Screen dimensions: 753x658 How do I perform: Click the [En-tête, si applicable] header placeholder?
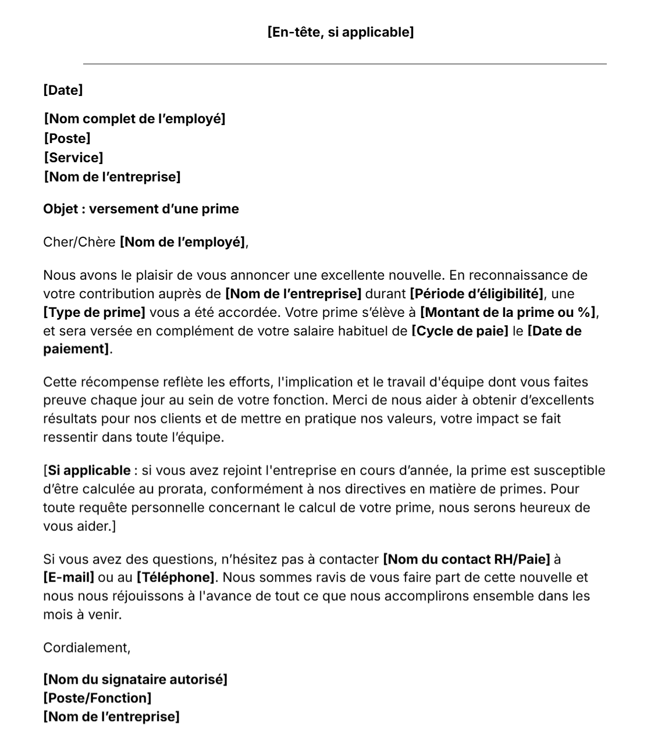click(340, 32)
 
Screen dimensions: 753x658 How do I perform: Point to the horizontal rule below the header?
click(344, 64)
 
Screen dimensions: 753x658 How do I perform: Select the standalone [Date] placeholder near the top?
click(63, 90)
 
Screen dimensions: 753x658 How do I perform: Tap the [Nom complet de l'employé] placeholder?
click(134, 119)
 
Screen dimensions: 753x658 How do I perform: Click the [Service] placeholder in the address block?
click(73, 158)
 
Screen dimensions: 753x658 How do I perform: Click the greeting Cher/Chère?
click(79, 242)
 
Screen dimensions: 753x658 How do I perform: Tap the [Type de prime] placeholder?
click(94, 312)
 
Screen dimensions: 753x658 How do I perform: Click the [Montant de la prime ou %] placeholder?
click(508, 312)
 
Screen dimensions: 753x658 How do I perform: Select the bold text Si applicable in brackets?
click(89, 470)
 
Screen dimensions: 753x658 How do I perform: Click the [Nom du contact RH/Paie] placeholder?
click(466, 559)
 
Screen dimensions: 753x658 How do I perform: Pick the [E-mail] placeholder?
click(69, 578)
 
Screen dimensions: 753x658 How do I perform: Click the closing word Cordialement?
click(86, 648)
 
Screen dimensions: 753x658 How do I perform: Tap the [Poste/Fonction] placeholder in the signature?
click(97, 698)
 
